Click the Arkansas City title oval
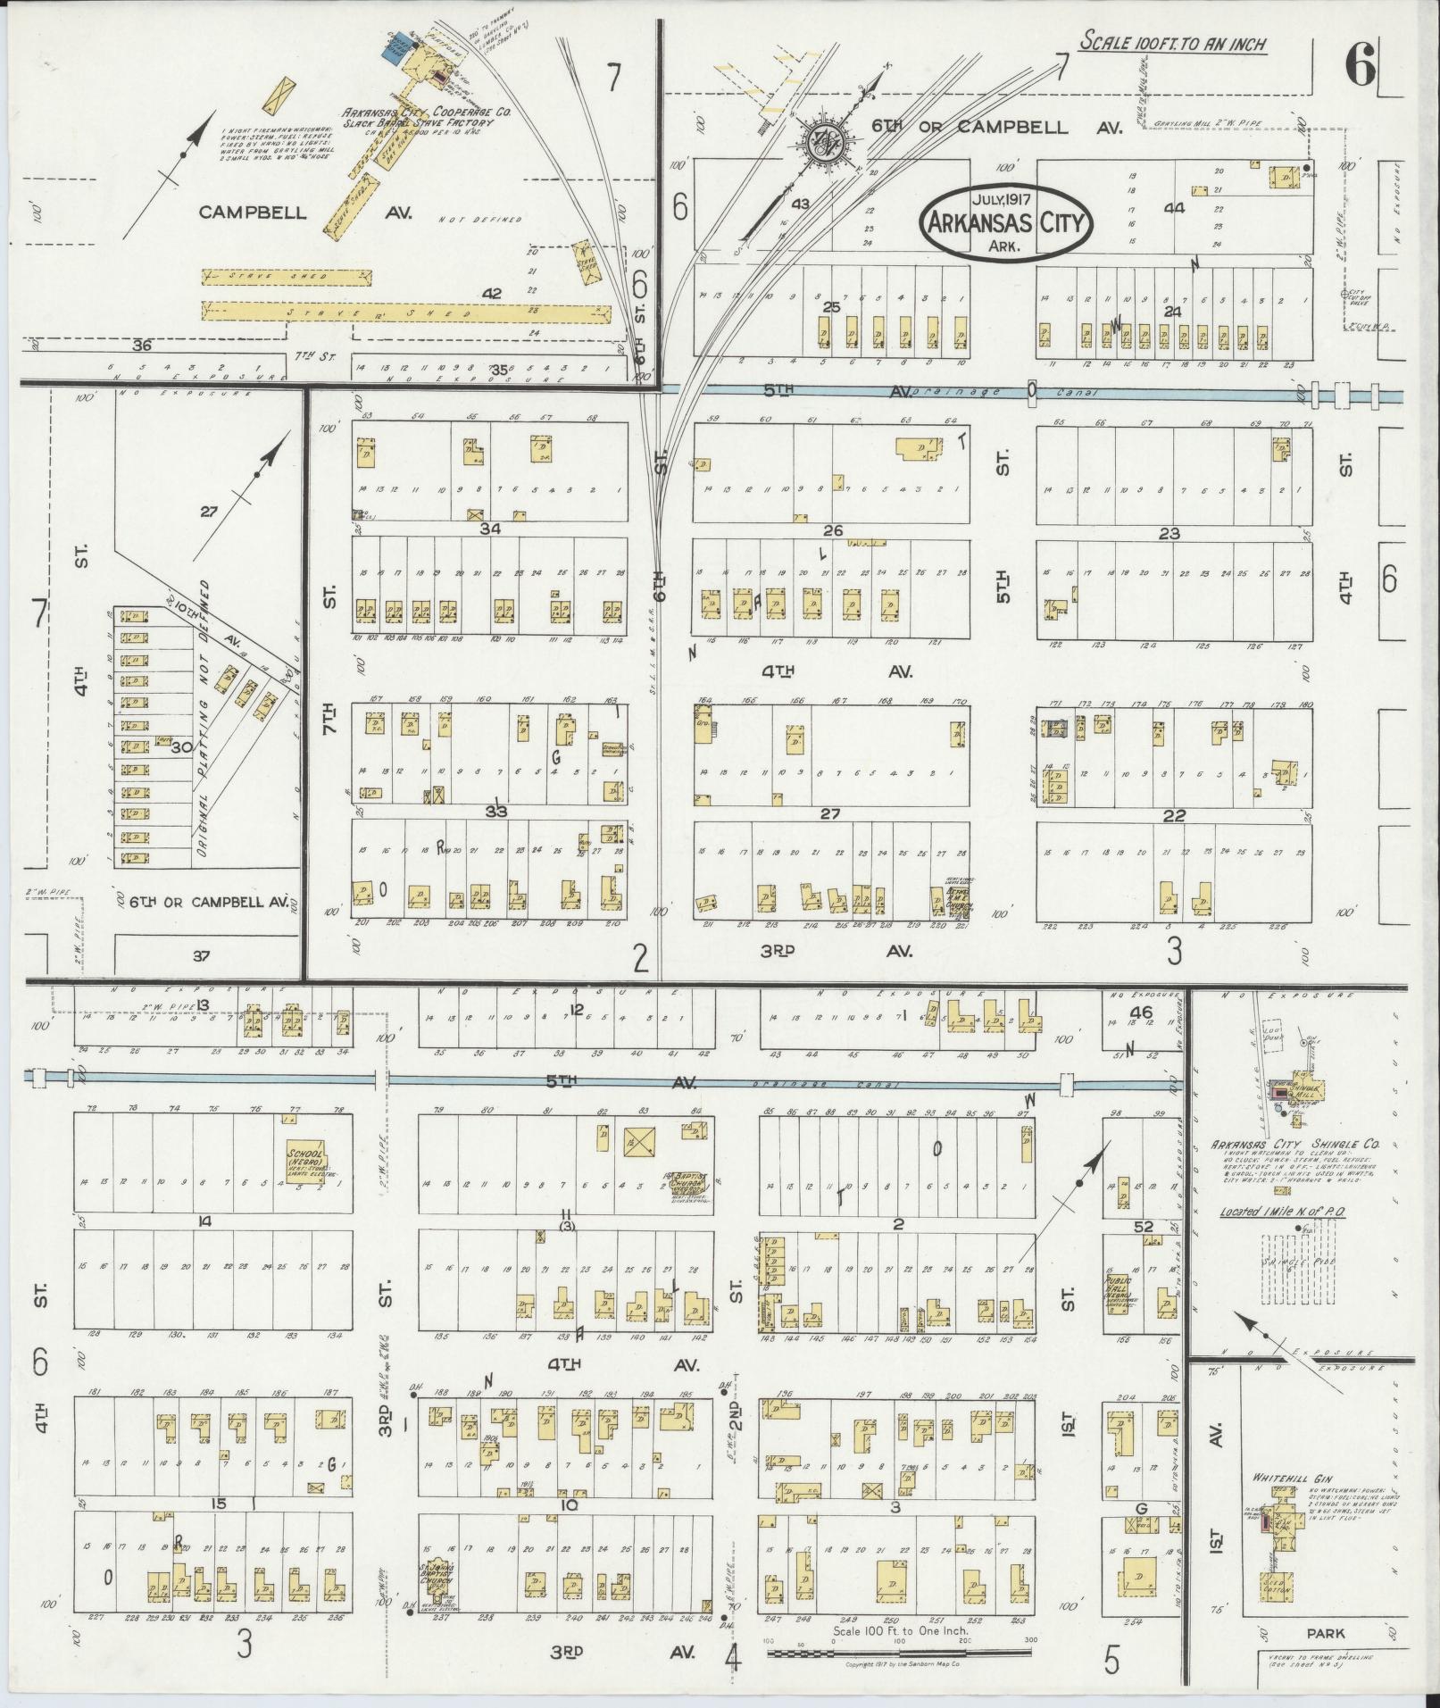click(x=1007, y=222)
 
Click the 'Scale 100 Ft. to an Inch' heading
click(x=1173, y=42)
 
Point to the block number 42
click(x=492, y=292)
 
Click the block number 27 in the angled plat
click(x=209, y=512)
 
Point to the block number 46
click(x=1141, y=1012)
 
